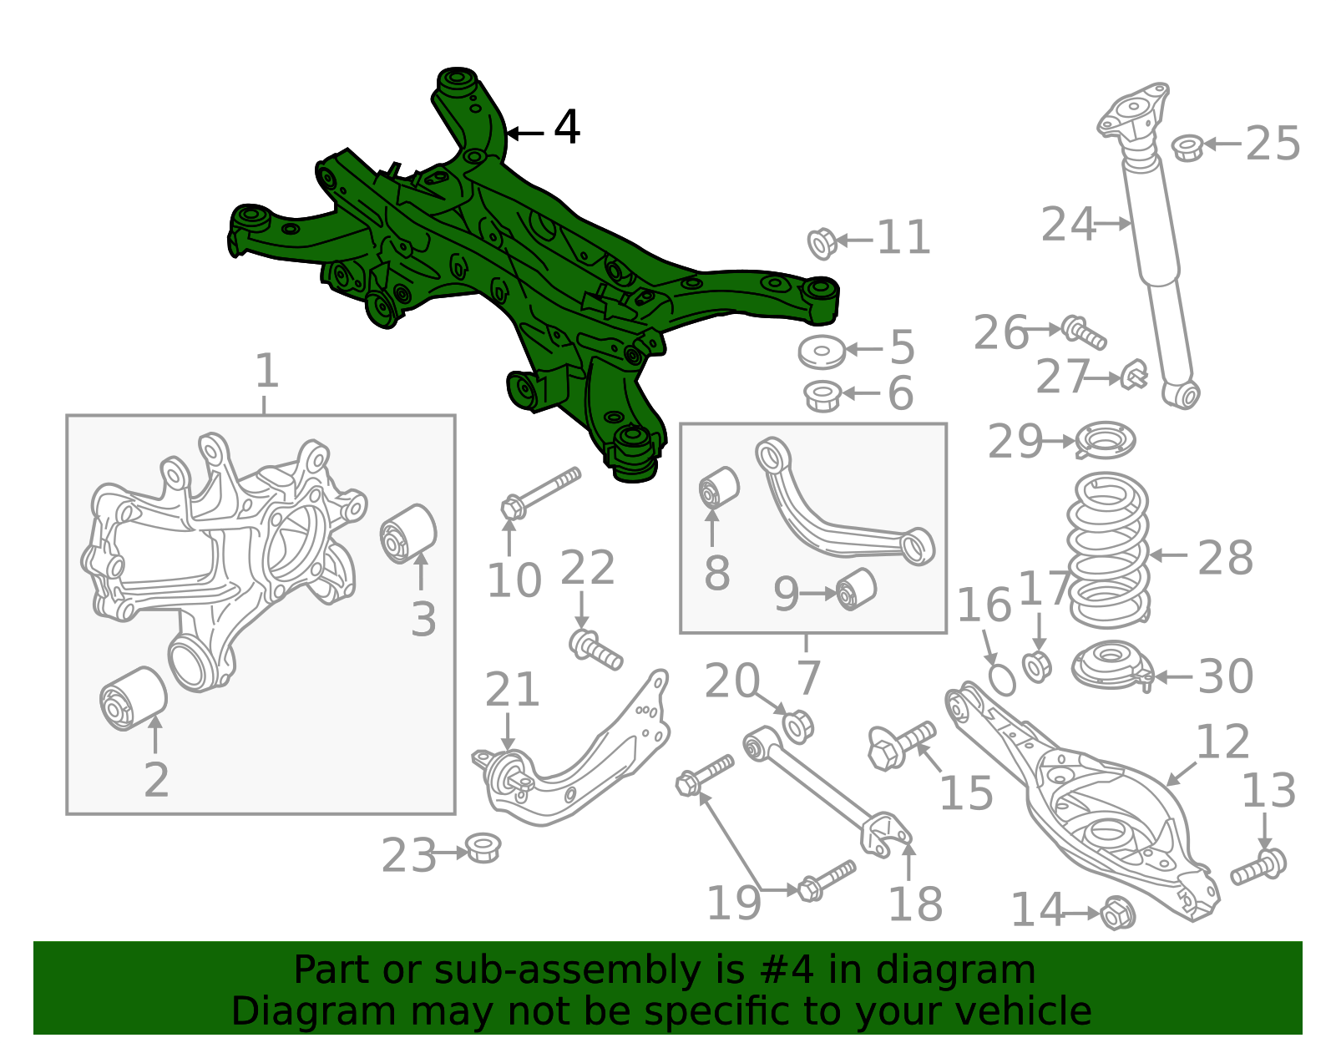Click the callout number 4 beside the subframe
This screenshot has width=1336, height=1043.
[567, 128]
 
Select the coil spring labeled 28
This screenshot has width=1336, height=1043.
[1108, 551]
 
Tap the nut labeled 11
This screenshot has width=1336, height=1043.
[822, 242]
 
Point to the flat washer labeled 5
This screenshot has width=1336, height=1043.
[822, 351]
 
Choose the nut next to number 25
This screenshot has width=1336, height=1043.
[1187, 148]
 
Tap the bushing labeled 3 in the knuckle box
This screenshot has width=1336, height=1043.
[408, 534]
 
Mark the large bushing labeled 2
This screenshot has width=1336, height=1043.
[133, 698]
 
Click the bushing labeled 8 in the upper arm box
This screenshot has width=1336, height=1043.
[719, 488]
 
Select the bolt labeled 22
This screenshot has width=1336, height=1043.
[596, 650]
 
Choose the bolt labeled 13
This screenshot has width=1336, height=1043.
[1259, 867]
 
